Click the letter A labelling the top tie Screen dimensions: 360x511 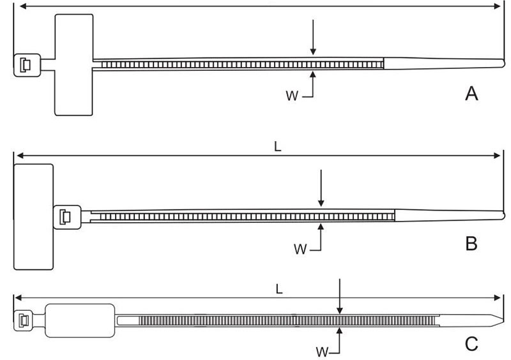[x=471, y=94]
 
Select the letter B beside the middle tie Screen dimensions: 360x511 [x=471, y=244]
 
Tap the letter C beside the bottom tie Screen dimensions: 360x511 [x=471, y=345]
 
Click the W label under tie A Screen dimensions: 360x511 [x=291, y=96]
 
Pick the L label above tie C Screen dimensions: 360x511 [x=278, y=289]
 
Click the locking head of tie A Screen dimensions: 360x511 [x=26, y=64]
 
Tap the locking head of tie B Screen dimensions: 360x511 [x=66, y=216]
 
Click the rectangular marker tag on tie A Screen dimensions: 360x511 [x=74, y=64]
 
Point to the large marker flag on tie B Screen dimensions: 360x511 [x=33, y=216]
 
